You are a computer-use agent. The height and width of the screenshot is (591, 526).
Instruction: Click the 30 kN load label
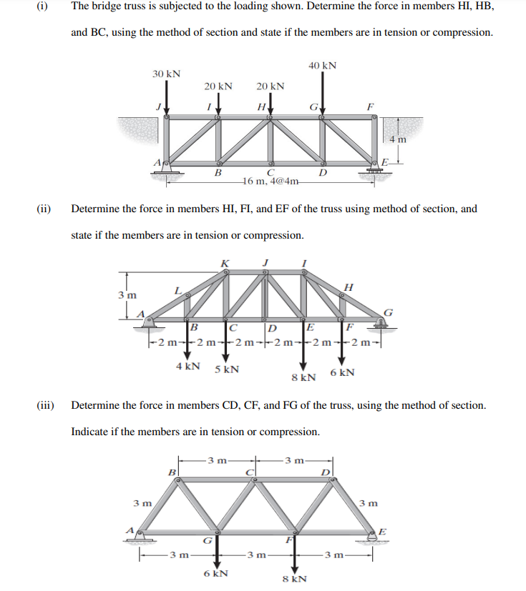click(166, 74)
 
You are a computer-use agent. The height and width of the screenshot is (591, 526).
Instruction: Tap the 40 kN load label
click(323, 66)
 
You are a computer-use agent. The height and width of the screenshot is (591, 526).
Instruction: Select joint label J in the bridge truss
click(160, 106)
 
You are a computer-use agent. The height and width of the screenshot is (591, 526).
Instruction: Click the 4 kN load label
click(187, 366)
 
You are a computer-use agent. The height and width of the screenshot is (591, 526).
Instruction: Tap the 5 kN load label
click(227, 369)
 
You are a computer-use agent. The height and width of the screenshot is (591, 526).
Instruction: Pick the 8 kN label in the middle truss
click(304, 377)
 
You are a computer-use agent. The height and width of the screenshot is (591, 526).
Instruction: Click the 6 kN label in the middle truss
click(341, 372)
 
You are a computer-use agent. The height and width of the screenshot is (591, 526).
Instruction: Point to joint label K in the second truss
click(225, 263)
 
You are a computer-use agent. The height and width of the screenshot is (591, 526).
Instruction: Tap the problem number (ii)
click(44, 209)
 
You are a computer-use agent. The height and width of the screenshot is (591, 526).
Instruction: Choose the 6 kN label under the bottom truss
click(216, 573)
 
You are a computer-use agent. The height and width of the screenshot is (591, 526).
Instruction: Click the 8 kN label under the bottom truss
click(294, 579)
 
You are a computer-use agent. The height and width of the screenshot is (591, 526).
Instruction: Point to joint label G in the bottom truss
click(206, 541)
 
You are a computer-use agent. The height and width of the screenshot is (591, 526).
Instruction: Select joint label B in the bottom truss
click(171, 472)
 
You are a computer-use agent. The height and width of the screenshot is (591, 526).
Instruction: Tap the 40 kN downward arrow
click(323, 94)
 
